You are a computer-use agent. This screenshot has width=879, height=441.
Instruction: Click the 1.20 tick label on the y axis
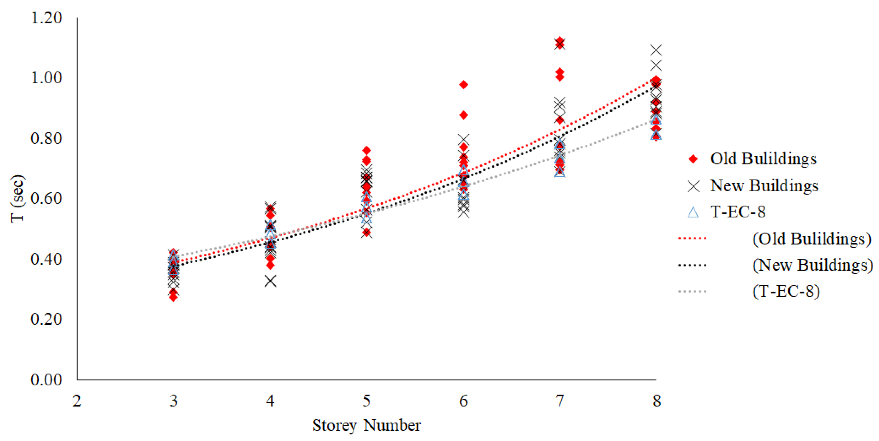[x=46, y=18]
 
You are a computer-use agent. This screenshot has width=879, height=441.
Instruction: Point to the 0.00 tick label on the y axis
[x=46, y=379]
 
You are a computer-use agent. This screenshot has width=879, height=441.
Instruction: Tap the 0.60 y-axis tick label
[x=46, y=198]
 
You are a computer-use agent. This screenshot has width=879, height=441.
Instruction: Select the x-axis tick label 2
[x=77, y=401]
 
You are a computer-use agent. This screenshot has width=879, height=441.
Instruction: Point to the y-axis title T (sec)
[x=17, y=198]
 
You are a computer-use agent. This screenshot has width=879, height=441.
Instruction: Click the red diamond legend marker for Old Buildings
[x=693, y=159]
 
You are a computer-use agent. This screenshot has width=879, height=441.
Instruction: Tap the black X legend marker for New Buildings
[x=693, y=186]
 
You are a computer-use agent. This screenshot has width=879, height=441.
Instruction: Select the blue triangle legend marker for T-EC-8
[x=693, y=212]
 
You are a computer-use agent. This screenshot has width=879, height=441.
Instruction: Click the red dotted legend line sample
[x=692, y=238]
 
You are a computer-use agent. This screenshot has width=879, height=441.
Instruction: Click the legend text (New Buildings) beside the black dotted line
[x=812, y=265]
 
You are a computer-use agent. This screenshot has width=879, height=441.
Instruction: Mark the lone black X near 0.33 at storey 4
[x=270, y=281]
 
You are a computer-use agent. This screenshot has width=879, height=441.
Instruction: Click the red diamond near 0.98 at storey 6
[x=463, y=85]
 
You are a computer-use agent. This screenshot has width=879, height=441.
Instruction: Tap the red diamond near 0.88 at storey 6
[x=463, y=115]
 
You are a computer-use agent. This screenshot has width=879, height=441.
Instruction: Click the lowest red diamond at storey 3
[x=173, y=297]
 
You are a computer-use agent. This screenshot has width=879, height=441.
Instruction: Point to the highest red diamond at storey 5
[x=367, y=150]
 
